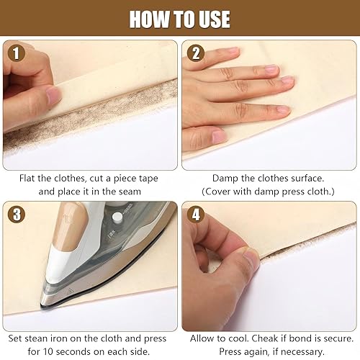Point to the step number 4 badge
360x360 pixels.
195,215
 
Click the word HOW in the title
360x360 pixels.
148,19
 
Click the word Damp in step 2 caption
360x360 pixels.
225,177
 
